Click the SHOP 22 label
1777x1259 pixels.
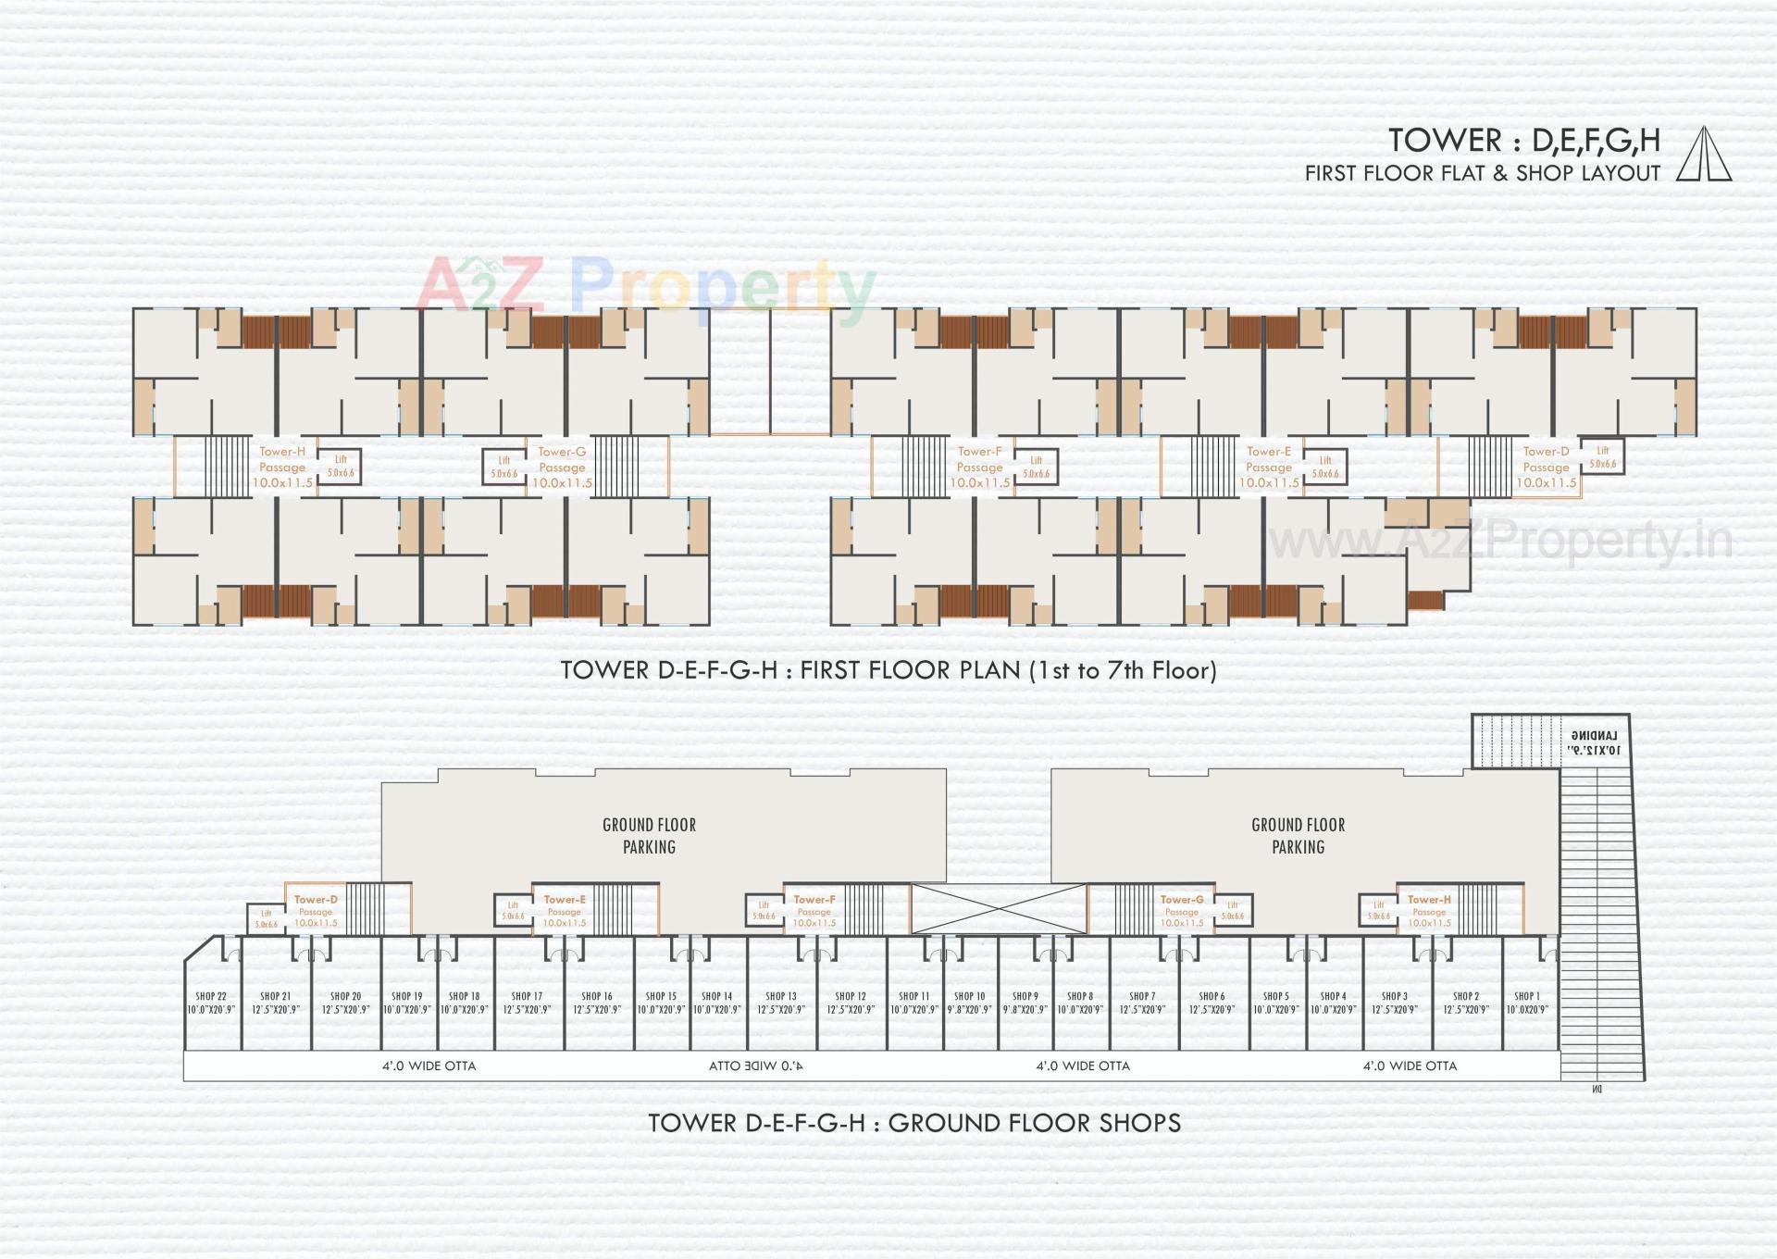(211, 1003)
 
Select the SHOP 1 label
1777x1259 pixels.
(1526, 1003)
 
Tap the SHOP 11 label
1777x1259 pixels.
(913, 1003)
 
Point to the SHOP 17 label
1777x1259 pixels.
(527, 1003)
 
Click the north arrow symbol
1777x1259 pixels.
(1704, 154)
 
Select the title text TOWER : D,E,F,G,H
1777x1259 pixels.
(1524, 141)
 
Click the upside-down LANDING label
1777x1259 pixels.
(1594, 742)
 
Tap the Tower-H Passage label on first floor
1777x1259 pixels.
(282, 467)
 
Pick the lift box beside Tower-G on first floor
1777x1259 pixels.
(504, 466)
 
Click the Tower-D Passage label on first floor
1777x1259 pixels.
(1546, 467)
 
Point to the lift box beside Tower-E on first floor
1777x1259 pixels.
(1325, 466)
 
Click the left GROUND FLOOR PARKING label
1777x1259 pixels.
(649, 835)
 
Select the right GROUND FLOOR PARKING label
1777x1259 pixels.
(1298, 835)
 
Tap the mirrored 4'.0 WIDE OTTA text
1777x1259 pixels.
(755, 1066)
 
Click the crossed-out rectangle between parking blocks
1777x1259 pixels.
(999, 908)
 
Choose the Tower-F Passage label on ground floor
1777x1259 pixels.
(814, 911)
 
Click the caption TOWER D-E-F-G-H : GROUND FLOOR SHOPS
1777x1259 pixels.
(913, 1123)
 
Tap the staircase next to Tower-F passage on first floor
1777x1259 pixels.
(924, 467)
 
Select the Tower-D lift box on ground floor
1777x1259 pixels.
(267, 918)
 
